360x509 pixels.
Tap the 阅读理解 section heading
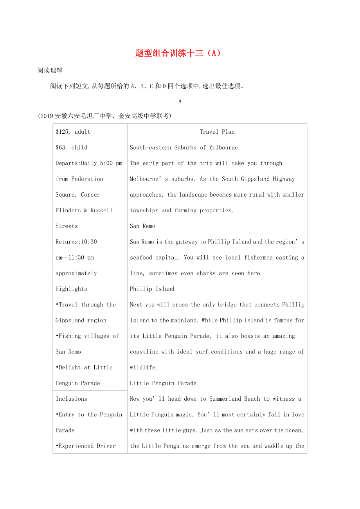(50, 70)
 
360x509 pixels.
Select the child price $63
(61, 147)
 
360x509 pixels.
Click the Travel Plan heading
(217, 132)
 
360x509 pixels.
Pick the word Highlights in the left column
(71, 289)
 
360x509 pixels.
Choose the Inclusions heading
(71, 399)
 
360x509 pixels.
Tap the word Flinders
(68, 210)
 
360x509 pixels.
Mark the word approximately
(76, 273)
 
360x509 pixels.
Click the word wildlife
(143, 367)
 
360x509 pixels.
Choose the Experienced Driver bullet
(87, 446)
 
